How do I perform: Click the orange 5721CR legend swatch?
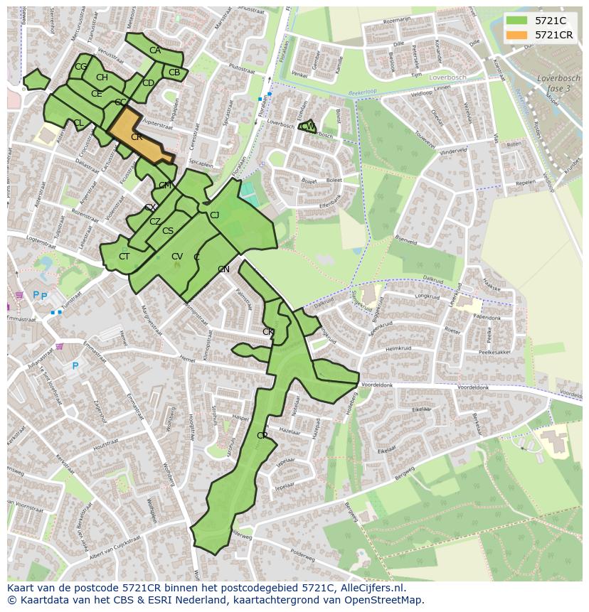[x=516, y=35]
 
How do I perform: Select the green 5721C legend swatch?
[x=516, y=21]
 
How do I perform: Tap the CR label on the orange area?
[x=136, y=137]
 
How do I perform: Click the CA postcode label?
[x=155, y=50]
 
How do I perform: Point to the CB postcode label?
[x=174, y=73]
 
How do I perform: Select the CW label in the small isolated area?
[x=308, y=127]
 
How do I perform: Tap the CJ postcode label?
[x=214, y=215]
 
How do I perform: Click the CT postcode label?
[x=124, y=257]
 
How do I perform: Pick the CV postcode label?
[x=177, y=257]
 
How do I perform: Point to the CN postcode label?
[x=223, y=269]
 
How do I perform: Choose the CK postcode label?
[x=268, y=332]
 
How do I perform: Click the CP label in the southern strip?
[x=262, y=436]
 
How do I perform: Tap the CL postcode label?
[x=78, y=124]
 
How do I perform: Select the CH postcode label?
[x=102, y=77]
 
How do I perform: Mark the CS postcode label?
[x=168, y=231]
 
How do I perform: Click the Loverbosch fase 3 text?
[x=554, y=83]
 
